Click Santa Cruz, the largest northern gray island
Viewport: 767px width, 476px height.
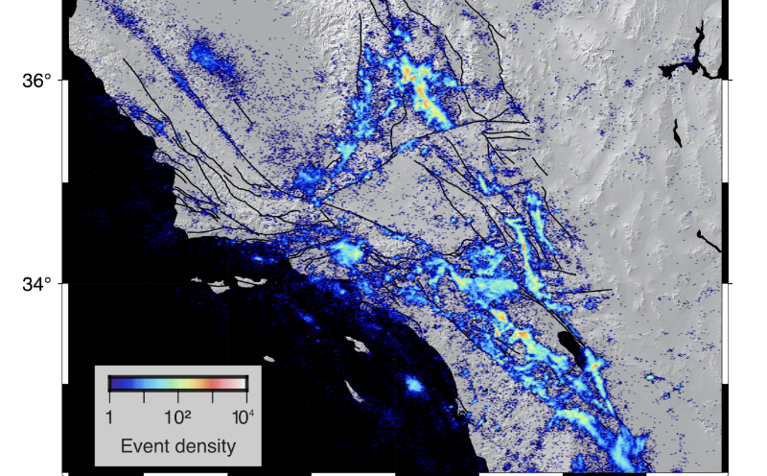point(247,282)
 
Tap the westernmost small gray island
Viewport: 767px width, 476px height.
point(198,280)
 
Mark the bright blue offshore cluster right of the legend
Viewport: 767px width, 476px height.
point(414,385)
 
